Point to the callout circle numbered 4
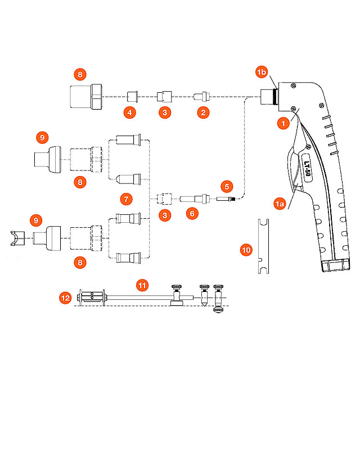(x=130, y=112)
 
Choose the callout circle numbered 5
(x=227, y=186)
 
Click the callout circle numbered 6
(x=192, y=214)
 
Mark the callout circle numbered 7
(x=127, y=199)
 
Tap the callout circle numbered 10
(x=246, y=250)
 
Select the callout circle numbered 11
(x=142, y=286)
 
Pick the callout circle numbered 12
(x=66, y=298)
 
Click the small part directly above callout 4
(x=133, y=95)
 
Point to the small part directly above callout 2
(x=200, y=96)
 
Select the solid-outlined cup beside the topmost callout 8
(x=85, y=96)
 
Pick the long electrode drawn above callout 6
(x=193, y=198)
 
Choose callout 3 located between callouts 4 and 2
(x=165, y=112)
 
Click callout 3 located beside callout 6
(x=165, y=214)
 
